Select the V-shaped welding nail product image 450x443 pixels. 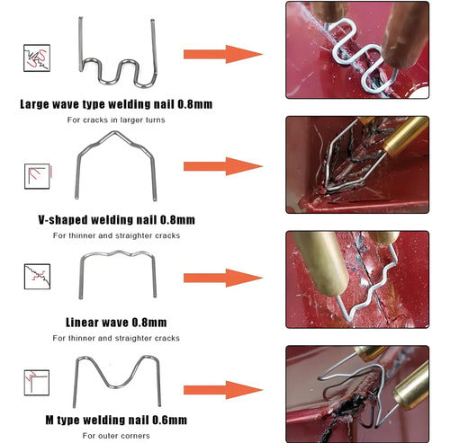tap(114, 133)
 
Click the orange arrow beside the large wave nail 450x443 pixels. tap(223, 54)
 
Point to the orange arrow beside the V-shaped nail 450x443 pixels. tap(223, 166)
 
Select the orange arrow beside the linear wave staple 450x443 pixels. tap(223, 278)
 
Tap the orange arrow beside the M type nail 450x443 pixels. tap(223, 390)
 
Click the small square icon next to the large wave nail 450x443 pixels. tap(37, 58)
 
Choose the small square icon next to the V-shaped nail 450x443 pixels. tap(38, 176)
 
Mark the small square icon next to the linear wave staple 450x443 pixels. tap(37, 277)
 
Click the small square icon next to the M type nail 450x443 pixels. tap(37, 383)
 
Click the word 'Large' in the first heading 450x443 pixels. tap(34, 104)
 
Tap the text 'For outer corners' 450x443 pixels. tap(116, 436)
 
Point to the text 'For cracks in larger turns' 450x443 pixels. tap(116, 120)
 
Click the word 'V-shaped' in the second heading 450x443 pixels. tap(63, 220)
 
